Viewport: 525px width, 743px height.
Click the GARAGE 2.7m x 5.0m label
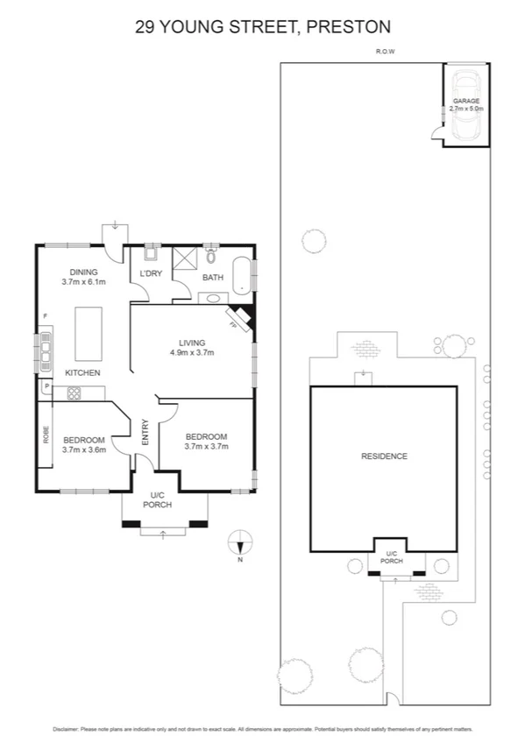click(x=465, y=104)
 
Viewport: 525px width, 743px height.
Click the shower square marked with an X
click(x=186, y=260)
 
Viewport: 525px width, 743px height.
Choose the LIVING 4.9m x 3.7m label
click(x=192, y=348)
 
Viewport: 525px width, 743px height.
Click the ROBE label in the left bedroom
click(x=46, y=434)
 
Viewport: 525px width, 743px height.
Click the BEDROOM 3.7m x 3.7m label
click(x=206, y=441)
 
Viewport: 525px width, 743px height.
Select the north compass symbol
click(x=240, y=542)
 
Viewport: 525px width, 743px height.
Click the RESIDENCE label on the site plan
click(x=384, y=456)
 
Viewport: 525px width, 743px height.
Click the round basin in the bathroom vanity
click(x=214, y=298)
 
